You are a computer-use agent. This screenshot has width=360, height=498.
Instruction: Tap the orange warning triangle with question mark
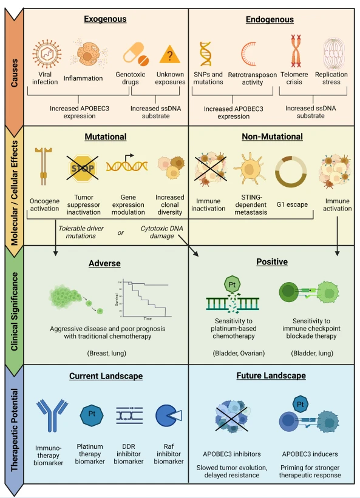click(169, 54)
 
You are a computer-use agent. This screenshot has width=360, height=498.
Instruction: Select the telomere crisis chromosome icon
click(296, 51)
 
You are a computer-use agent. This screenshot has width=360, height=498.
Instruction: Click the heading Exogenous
click(105, 19)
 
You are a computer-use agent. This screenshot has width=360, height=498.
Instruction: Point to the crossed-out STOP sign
click(83, 168)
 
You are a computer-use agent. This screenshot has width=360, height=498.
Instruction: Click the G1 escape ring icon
click(291, 172)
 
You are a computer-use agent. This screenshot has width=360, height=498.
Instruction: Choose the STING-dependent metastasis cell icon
click(250, 169)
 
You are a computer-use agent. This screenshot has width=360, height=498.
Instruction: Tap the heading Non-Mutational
click(272, 136)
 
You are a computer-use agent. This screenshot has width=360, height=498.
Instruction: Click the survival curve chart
click(143, 300)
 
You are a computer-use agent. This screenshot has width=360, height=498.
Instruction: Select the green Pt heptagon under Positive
click(232, 284)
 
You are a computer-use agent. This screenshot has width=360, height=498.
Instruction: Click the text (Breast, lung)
click(107, 353)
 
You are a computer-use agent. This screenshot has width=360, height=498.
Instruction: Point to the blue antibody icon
click(52, 415)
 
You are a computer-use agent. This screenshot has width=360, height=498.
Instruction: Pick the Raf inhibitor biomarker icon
click(168, 416)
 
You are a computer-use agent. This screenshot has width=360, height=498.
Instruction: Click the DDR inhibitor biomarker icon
click(129, 416)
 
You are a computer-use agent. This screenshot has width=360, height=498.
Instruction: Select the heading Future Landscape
click(271, 375)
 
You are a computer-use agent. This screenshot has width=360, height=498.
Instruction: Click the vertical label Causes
click(15, 73)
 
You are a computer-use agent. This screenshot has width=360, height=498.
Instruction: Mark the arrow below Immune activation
click(337, 236)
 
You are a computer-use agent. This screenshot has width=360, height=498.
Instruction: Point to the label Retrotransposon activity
click(253, 78)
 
